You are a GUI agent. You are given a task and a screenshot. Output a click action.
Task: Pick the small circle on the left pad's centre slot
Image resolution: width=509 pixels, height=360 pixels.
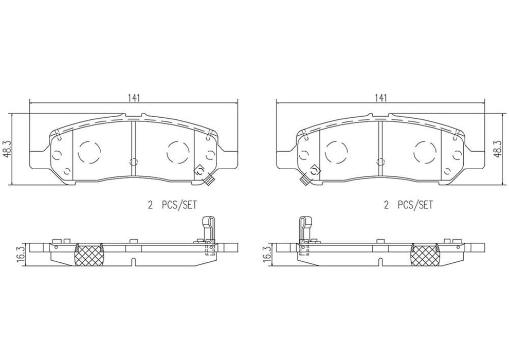click(133, 161)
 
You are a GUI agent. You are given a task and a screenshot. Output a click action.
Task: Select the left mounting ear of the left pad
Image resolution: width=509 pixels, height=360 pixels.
click(37, 157)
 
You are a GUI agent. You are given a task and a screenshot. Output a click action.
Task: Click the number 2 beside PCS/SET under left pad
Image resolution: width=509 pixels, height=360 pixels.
click(150, 205)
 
